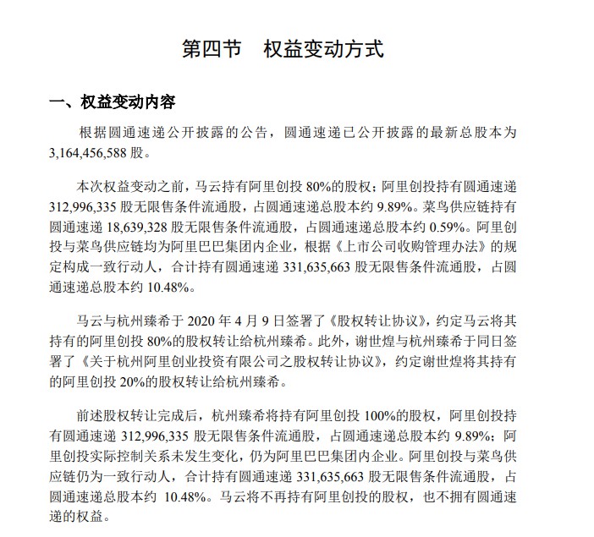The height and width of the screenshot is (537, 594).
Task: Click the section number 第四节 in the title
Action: click(212, 49)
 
